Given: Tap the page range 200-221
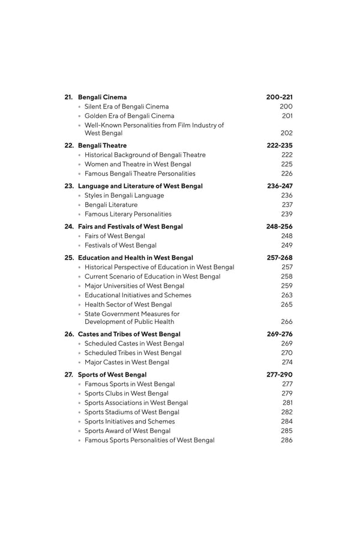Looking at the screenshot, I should (280, 97).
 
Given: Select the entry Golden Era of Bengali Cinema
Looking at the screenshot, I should (129, 116).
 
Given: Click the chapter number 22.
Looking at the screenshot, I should (69, 146).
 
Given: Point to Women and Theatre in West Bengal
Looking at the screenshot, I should (138, 164).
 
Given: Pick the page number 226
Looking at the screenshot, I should (287, 174).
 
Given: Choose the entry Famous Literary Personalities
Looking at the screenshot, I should (128, 214).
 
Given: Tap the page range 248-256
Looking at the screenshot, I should (280, 227).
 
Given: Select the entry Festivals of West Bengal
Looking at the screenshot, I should (121, 245).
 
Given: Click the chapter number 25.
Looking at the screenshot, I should (69, 258).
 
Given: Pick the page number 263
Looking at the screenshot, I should (287, 295).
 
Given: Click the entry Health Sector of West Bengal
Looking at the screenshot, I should (128, 305).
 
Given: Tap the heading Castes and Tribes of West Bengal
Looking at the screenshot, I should (129, 334).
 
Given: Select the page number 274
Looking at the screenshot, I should (287, 362).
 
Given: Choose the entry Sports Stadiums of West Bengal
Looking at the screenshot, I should (132, 412).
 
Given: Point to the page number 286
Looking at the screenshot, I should (287, 440).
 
